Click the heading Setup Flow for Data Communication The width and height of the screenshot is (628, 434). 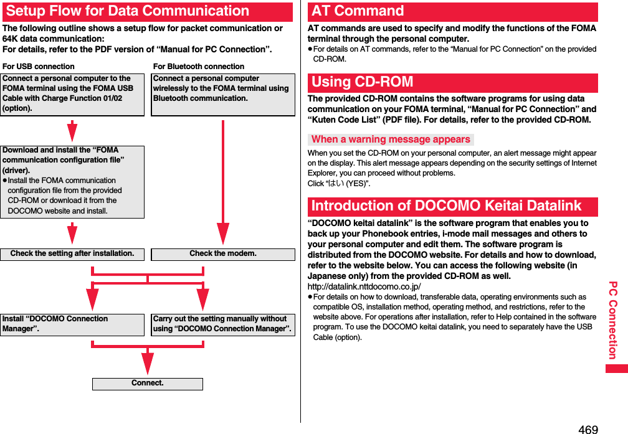(x=128, y=11)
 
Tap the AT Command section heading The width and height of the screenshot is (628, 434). (x=358, y=11)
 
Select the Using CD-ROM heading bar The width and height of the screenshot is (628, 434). (x=363, y=82)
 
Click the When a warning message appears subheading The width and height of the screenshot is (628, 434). (x=391, y=139)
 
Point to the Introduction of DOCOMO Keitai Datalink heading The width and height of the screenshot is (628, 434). (x=446, y=206)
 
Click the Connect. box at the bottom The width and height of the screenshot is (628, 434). (x=148, y=384)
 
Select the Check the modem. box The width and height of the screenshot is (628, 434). (x=223, y=254)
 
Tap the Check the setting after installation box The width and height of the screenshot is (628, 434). (x=72, y=254)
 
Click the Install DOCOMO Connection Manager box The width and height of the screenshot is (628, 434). (x=72, y=324)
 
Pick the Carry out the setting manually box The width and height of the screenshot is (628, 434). (x=222, y=324)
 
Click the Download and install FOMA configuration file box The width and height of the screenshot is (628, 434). (x=72, y=181)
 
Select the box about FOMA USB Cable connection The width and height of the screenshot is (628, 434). (x=72, y=94)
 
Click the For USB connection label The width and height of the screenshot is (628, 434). (x=39, y=66)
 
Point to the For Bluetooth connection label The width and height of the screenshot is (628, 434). (x=199, y=66)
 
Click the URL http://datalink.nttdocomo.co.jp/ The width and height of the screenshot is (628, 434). (x=364, y=286)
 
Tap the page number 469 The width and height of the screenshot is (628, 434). (x=588, y=428)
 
